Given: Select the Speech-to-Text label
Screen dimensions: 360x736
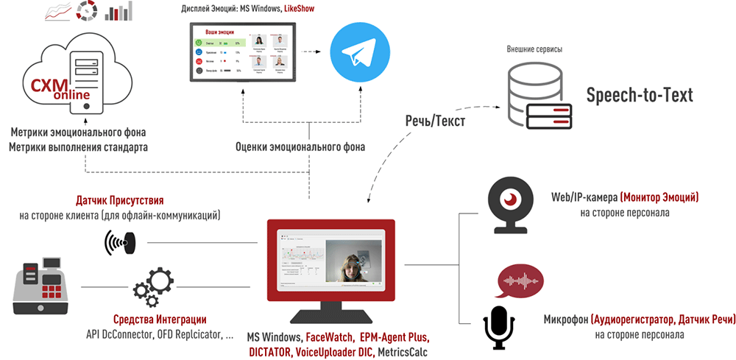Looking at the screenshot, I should click(640, 96).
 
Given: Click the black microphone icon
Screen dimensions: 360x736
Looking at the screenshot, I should click(498, 327).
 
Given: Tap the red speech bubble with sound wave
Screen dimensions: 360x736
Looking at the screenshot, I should click(520, 281).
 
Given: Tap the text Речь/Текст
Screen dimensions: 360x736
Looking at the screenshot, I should click(435, 121).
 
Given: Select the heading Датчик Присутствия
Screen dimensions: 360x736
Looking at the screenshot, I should click(119, 200).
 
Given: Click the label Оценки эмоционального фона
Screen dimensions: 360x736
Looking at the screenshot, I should click(300, 147).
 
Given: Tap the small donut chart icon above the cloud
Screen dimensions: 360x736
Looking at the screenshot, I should click(86, 11).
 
